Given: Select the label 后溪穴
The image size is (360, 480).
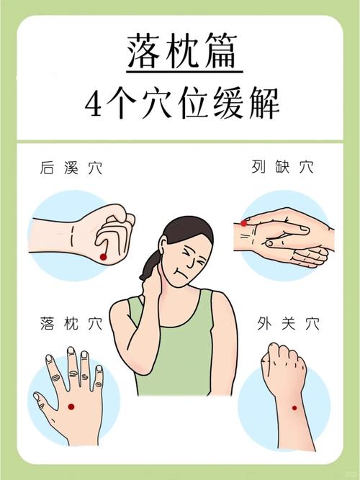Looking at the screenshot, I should tap(71, 168).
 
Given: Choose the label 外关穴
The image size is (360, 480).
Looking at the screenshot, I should tap(287, 323).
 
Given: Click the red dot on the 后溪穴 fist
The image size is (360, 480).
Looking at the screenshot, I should tap(103, 257).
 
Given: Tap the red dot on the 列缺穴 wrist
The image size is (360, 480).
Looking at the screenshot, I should tap(244, 223).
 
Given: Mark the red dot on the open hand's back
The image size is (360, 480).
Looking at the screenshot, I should tap(71, 407).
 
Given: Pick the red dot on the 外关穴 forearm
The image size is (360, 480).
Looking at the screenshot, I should tap(294, 408).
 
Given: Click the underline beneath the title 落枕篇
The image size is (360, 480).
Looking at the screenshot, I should tap(184, 71).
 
